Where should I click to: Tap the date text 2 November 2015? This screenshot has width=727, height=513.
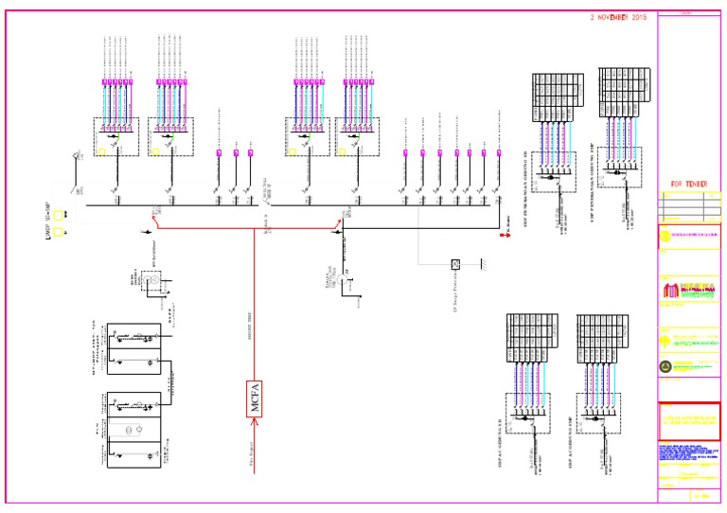[618, 17]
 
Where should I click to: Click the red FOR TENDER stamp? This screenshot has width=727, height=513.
[689, 184]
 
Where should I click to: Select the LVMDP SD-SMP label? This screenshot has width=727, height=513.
[46, 220]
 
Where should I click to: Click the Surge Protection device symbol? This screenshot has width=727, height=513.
[455, 264]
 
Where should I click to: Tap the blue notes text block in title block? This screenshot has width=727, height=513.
[688, 452]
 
